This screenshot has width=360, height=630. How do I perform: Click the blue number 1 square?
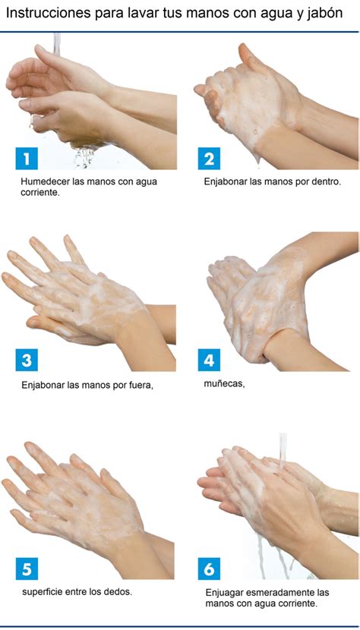[27, 159]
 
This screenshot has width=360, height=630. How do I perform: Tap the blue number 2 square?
[209, 159]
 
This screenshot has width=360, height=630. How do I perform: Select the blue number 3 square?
[27, 360]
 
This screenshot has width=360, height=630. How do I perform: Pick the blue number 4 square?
[209, 360]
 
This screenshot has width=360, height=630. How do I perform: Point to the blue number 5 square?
[27, 569]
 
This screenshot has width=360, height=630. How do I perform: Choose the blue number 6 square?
[209, 569]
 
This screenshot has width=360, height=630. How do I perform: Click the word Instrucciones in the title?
[48, 13]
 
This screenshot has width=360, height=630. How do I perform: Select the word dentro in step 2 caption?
[329, 181]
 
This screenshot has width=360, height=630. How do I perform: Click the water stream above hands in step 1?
[57, 44]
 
